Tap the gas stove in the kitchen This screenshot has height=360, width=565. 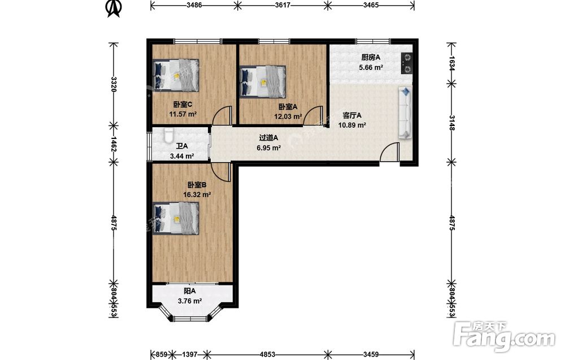coord(407,63)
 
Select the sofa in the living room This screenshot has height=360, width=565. coord(405,112)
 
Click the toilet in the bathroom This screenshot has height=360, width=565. coord(168,135)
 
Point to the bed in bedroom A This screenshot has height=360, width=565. coord(263,82)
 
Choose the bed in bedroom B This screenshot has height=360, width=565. coord(176,218)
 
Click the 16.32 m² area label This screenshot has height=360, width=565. coord(197,195)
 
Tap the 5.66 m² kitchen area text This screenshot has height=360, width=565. coord(371,67)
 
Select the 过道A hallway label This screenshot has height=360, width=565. coord(268,138)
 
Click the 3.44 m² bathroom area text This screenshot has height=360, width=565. coord(182,156)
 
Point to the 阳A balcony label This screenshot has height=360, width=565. coord(189,291)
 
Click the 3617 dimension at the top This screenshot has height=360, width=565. coord(282,5)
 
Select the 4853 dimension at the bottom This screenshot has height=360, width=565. coord(268,354)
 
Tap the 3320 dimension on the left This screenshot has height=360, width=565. coord(114,84)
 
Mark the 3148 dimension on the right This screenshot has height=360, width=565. coord(452,123)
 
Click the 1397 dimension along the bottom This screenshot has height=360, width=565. coord(189,354)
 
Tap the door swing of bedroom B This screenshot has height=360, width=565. coord(220,172)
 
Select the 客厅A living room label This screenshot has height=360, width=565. coord(351,116)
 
